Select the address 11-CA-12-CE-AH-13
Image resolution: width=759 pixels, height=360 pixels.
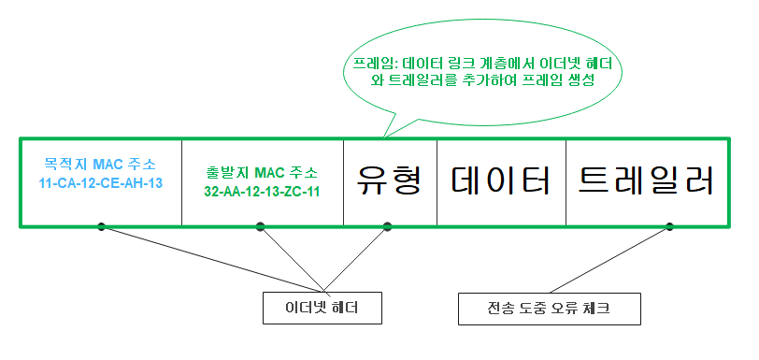(x=100, y=182)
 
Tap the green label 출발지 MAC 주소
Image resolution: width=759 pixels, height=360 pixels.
(x=262, y=173)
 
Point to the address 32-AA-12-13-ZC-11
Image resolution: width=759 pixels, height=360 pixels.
(x=262, y=192)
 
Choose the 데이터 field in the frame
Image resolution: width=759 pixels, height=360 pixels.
(x=501, y=180)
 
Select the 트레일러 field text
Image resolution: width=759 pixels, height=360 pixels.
(x=646, y=180)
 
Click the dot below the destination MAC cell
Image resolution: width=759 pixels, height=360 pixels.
(x=100, y=225)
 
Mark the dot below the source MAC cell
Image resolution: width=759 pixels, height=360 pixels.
(x=261, y=225)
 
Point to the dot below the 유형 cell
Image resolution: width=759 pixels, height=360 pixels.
(x=388, y=225)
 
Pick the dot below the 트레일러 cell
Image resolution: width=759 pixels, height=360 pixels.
(x=670, y=225)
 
